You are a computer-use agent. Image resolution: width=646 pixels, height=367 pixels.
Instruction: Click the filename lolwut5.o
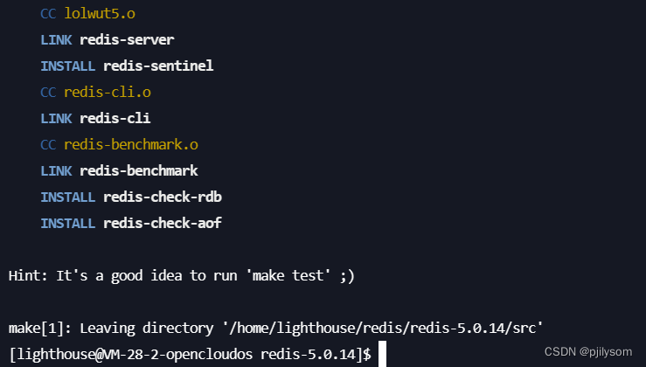pyautogui.click(x=100, y=14)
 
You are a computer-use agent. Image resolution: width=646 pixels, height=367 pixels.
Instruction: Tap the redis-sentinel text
pyautogui.click(x=158, y=66)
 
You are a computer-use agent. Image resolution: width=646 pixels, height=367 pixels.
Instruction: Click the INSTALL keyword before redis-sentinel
pyautogui.click(x=67, y=66)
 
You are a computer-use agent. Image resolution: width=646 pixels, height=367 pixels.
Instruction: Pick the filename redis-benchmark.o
pyautogui.click(x=131, y=145)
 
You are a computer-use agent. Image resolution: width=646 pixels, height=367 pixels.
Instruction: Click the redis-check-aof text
pyautogui.click(x=162, y=223)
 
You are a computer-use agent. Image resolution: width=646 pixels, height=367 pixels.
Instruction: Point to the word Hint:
pyautogui.click(x=28, y=275)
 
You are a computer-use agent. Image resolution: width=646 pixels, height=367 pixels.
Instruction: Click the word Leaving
pyautogui.click(x=92, y=328)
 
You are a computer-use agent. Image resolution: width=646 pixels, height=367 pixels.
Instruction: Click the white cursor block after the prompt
pyautogui.click(x=383, y=354)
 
